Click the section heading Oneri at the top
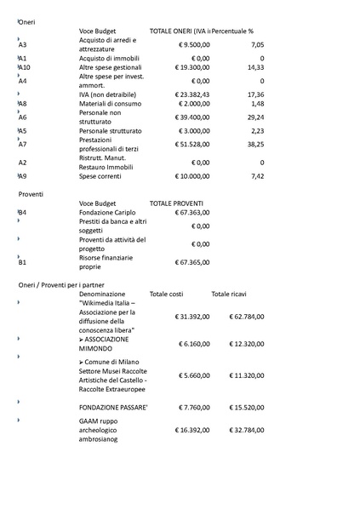point(27,20)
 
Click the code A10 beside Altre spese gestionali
point(24,67)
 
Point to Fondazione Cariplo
point(109,213)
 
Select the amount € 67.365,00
point(192,262)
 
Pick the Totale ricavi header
point(230,294)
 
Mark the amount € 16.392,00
point(192,431)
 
